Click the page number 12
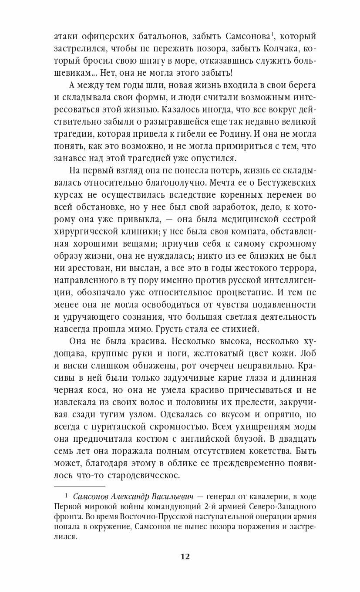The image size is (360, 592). click(185, 556)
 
